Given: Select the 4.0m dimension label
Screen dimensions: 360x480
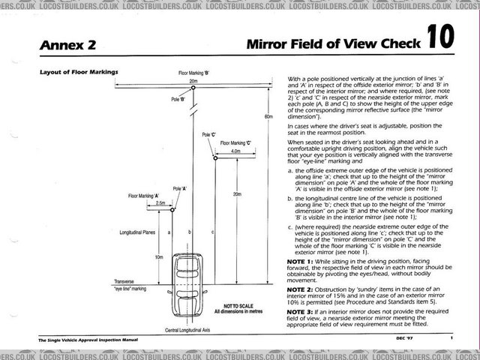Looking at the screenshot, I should (235, 151).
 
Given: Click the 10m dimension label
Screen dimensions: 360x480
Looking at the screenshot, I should (158, 257).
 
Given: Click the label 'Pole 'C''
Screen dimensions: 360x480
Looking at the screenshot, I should (208, 135).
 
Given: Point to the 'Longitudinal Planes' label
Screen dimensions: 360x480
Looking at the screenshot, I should (137, 232).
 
